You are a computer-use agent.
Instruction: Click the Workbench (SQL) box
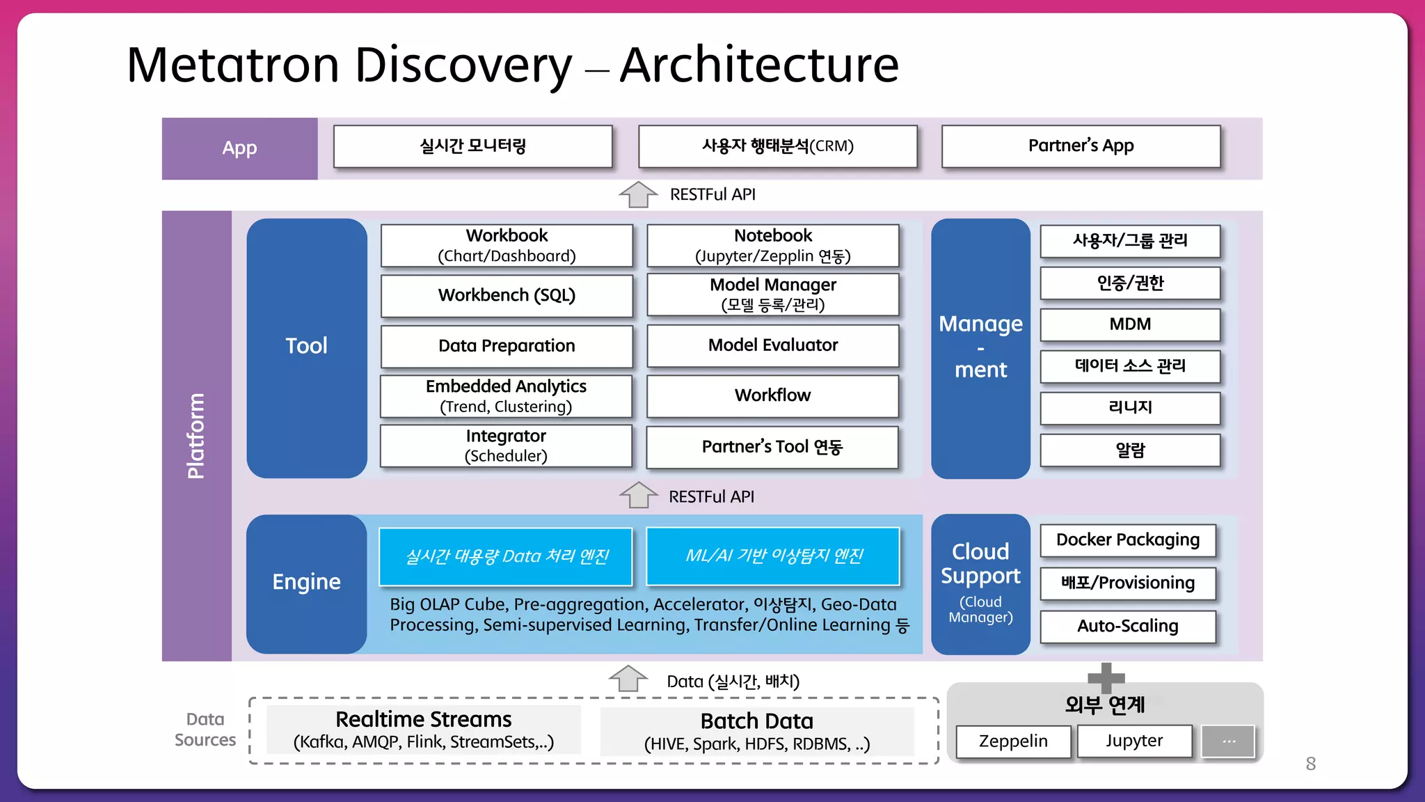(x=507, y=295)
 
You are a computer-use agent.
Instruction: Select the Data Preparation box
(x=507, y=346)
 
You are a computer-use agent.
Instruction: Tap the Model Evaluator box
(x=772, y=345)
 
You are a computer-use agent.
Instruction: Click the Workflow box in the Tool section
(x=772, y=395)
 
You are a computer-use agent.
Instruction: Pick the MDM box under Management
(x=1130, y=324)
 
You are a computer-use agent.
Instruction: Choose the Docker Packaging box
(x=1128, y=540)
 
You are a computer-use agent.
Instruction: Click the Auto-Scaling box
(x=1128, y=626)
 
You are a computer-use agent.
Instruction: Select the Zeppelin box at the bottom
(x=1013, y=741)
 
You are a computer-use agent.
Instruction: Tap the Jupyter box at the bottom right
(x=1134, y=741)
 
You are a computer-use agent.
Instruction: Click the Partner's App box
(x=1081, y=146)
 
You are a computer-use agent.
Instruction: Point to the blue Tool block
(x=307, y=347)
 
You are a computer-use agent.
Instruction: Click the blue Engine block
(x=307, y=583)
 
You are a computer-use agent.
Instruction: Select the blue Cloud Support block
(x=980, y=583)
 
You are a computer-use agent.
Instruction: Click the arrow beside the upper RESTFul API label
(x=638, y=194)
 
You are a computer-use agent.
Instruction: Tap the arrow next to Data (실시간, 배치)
(x=628, y=678)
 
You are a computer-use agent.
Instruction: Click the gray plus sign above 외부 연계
(x=1106, y=677)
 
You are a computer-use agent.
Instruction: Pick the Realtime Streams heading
(x=423, y=719)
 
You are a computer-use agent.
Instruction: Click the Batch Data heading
(x=756, y=721)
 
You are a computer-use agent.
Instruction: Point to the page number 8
(x=1310, y=764)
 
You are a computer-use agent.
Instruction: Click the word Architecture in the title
(x=759, y=65)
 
